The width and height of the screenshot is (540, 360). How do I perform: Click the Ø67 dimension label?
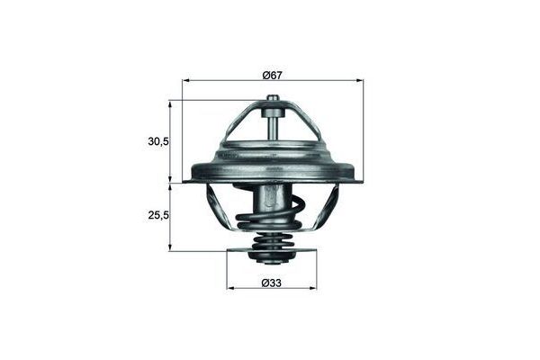[273, 74]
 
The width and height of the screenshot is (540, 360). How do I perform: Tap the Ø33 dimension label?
[273, 283]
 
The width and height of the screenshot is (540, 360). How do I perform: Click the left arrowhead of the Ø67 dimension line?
[186, 81]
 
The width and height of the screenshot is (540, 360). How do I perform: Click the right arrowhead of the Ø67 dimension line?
[360, 81]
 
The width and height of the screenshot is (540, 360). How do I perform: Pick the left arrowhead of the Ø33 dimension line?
[230, 288]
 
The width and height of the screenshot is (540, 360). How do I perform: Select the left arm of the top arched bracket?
[232, 126]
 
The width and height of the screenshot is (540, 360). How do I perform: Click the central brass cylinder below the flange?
[274, 202]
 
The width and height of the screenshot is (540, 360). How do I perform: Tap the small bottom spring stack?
[273, 246]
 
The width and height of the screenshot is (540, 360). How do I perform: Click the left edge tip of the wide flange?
[186, 181]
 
